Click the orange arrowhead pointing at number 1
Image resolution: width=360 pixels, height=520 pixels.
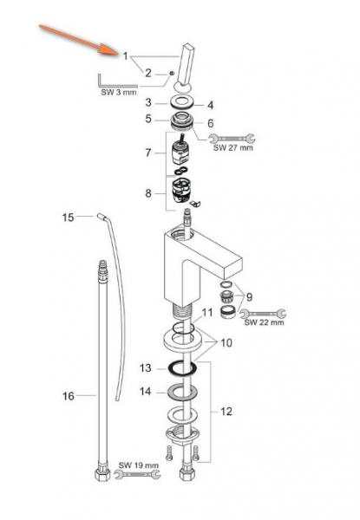108,49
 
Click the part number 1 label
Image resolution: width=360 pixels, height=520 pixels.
125,56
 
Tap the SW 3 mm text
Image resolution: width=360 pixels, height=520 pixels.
119,93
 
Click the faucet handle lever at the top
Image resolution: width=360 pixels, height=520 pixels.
184,67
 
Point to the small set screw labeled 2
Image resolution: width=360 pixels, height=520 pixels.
171,73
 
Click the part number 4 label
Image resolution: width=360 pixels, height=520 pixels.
210,105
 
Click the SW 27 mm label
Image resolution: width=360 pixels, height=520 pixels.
233,147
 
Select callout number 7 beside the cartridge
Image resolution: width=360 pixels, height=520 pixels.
148,153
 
